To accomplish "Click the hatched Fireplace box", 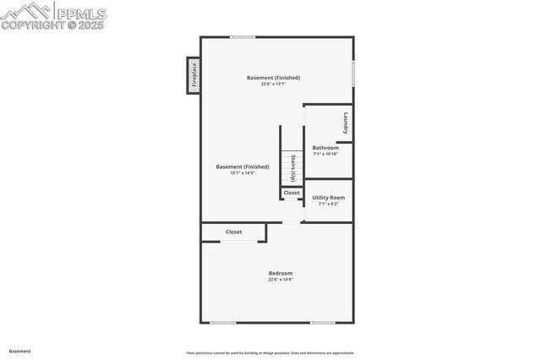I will point(193,75).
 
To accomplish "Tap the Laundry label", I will point(346,123).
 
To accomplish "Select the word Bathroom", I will point(325,148).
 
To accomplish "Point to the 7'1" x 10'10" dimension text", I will point(325,154).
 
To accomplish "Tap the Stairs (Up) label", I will point(292,167).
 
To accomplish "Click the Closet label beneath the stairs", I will point(292,193).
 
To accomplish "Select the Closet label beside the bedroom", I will point(233,232).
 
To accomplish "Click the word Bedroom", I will point(281,273).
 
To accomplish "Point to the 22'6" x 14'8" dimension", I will point(281,279).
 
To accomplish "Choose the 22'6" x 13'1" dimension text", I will point(273,84).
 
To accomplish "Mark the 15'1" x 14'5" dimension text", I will point(243,173).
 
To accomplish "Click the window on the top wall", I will point(243,36).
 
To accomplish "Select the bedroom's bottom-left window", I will point(223,323).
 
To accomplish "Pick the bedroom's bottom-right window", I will point(322,323).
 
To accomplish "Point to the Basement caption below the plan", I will point(20,351).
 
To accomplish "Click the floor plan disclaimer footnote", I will point(270,353).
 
